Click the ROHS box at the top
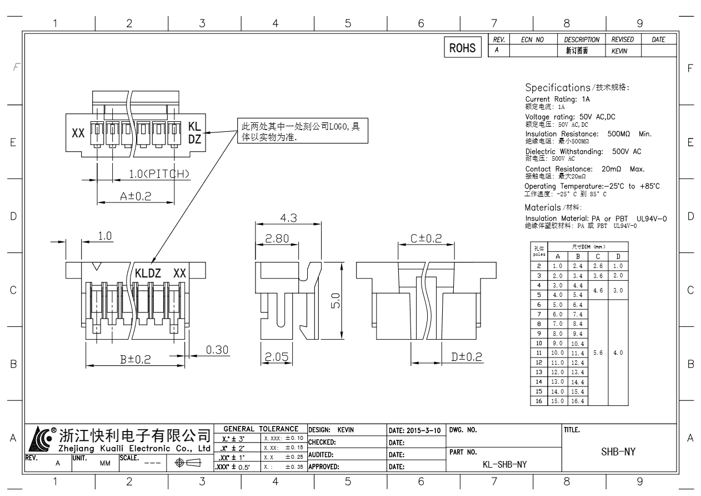(463, 48)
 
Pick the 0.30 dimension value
(217, 350)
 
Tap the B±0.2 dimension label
(137, 360)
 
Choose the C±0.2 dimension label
(426, 239)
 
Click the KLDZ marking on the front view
(148, 274)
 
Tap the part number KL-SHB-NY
(504, 463)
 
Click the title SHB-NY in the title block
(618, 453)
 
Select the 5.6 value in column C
(598, 353)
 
